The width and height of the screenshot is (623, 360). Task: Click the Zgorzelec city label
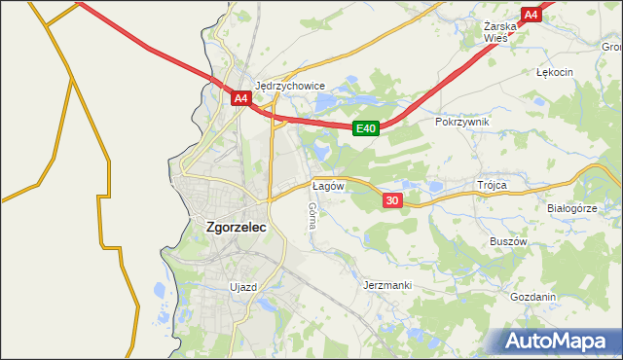click(237, 227)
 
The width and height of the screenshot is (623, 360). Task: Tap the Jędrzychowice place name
click(290, 86)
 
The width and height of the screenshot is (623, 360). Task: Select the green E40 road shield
click(365, 128)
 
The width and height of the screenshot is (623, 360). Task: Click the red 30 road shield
click(392, 200)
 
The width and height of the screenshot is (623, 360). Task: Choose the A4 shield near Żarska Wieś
click(531, 15)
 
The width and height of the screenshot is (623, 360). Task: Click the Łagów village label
click(326, 184)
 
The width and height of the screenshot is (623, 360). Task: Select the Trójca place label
click(494, 184)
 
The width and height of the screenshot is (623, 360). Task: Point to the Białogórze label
click(571, 208)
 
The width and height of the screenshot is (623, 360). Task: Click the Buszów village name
click(508, 241)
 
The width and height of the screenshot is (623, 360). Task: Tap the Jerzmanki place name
click(387, 285)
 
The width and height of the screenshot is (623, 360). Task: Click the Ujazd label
click(242, 287)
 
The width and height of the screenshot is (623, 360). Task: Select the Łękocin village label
click(555, 72)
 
